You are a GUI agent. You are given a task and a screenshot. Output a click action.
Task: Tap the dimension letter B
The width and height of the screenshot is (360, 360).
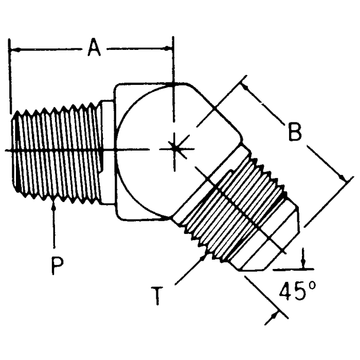(294, 132)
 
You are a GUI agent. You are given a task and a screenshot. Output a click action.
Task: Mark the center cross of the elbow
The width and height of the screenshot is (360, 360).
(175, 148)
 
